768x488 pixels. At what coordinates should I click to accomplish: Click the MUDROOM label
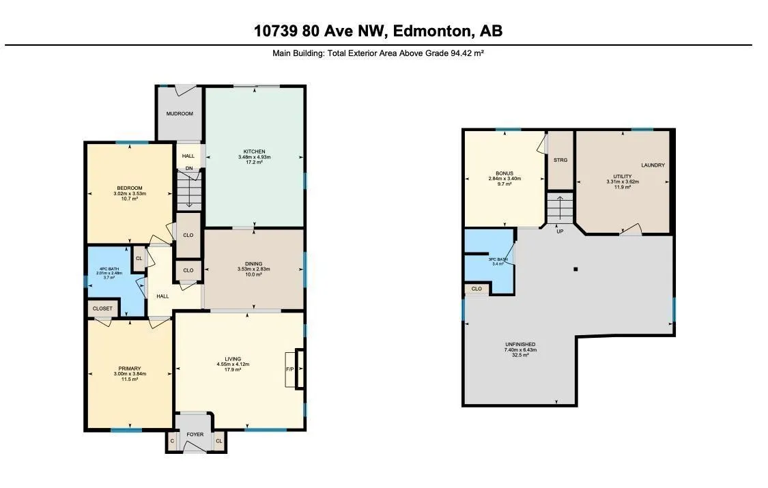pyautogui.click(x=180, y=113)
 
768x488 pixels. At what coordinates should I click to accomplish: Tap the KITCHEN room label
pyautogui.click(x=254, y=152)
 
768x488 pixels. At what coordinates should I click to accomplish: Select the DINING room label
pyautogui.click(x=254, y=264)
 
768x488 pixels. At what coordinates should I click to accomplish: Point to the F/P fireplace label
pyautogui.click(x=290, y=369)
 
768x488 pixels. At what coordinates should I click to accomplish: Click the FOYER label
pyautogui.click(x=195, y=434)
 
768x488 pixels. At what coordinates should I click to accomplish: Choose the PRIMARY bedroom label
pyautogui.click(x=130, y=369)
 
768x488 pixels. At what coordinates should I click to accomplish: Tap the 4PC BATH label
pyautogui.click(x=109, y=269)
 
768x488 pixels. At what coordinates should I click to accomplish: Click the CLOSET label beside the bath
pyautogui.click(x=102, y=308)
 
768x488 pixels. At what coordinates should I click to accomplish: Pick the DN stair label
pyautogui.click(x=189, y=169)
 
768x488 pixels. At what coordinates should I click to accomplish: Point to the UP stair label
pyautogui.click(x=560, y=231)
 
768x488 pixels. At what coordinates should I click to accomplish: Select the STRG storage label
pyautogui.click(x=560, y=160)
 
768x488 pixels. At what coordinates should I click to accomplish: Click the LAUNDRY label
pyautogui.click(x=653, y=165)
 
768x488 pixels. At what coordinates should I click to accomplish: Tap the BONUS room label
pyautogui.click(x=504, y=173)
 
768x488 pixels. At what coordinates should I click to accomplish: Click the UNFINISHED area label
pyautogui.click(x=520, y=345)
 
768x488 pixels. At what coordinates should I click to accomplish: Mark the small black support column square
pyautogui.click(x=576, y=269)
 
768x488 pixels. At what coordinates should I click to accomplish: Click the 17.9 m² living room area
pyautogui.click(x=233, y=369)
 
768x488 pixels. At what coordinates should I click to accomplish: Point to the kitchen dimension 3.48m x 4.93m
pyautogui.click(x=254, y=157)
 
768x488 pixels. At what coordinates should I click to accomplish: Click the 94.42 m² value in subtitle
pyautogui.click(x=467, y=53)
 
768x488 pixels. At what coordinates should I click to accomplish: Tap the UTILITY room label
pyautogui.click(x=623, y=176)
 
